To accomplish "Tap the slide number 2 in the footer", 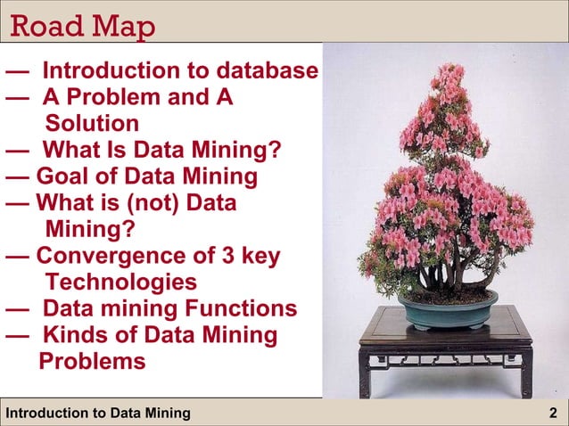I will coord(554,413).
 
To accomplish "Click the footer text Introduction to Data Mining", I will coord(98,413).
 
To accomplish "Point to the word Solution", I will coord(92,123).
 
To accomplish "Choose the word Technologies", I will coord(120,283).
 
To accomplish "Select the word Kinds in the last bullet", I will coord(79,336).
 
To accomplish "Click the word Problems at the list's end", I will coord(92,362).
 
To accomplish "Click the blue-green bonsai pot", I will coord(447,311).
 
